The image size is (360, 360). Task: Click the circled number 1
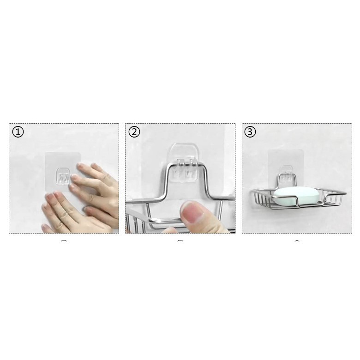point(18,132)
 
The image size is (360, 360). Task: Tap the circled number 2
point(134,132)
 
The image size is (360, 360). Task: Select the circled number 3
point(250,132)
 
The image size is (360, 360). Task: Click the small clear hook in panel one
point(62,176)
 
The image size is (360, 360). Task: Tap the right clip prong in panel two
point(190,169)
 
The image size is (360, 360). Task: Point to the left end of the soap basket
point(252,191)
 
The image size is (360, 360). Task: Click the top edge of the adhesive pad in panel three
point(286,150)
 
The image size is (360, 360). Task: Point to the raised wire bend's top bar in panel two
point(187,163)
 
